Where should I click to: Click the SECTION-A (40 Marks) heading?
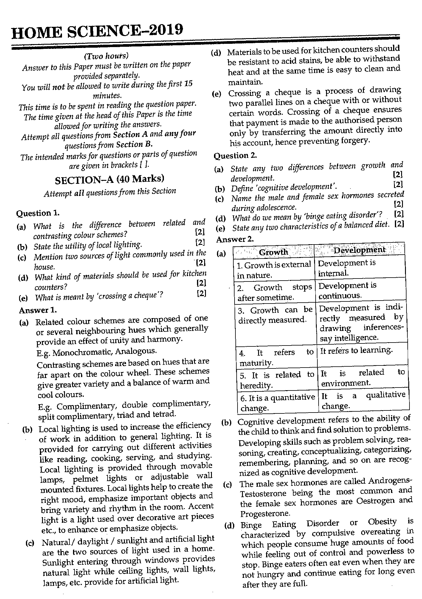(110, 179)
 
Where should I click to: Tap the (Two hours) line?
(106, 56)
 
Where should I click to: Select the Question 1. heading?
(38, 213)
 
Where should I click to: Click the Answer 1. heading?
(38, 310)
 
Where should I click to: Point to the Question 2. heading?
(235, 155)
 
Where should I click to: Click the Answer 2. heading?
(235, 239)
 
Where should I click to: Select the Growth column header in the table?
(273, 252)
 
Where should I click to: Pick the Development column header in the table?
(359, 250)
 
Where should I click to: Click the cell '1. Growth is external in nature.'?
(274, 270)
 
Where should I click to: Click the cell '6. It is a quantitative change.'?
(277, 402)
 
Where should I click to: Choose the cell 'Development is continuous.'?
(347, 290)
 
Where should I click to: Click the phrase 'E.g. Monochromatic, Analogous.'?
(97, 352)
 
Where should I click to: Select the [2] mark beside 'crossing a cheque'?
(201, 293)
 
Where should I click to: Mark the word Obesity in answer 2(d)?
(382, 522)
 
